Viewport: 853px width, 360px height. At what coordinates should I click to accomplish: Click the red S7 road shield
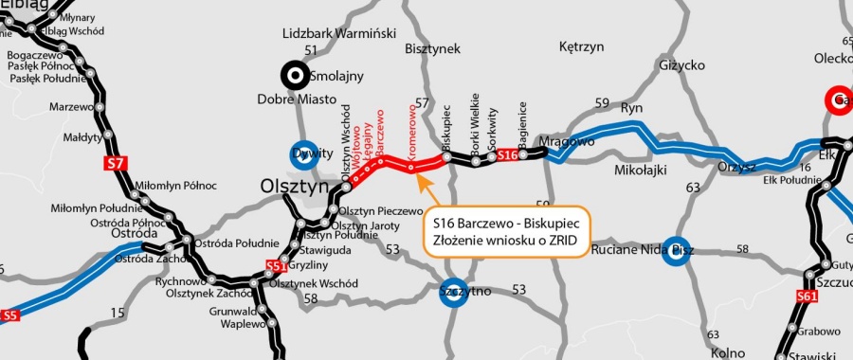click(x=115, y=164)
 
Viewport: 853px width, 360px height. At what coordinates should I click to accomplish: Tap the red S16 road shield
click(x=508, y=154)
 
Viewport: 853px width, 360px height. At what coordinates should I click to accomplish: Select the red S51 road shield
click(x=277, y=266)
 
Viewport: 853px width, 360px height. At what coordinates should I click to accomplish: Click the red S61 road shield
click(x=807, y=297)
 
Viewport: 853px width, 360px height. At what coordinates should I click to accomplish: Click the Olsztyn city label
click(x=293, y=188)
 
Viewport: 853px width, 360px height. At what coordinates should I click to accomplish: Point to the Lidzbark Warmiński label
click(x=339, y=34)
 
